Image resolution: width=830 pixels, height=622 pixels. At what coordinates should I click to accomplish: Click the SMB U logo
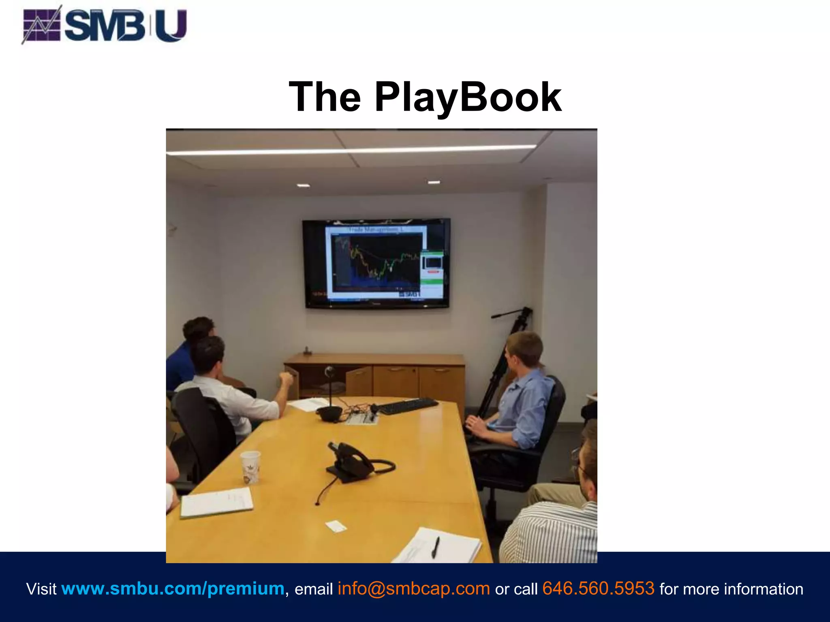(x=105, y=25)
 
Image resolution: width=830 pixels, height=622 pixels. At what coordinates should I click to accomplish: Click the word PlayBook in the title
(x=468, y=97)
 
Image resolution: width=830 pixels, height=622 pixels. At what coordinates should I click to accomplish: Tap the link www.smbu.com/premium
(x=173, y=588)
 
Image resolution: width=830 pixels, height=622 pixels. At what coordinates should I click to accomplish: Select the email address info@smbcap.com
(x=414, y=588)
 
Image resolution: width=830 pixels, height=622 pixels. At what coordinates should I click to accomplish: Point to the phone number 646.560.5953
(x=598, y=588)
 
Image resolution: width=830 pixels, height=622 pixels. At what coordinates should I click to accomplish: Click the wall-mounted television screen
(x=376, y=263)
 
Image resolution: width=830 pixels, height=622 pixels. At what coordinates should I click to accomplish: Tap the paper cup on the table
(x=250, y=467)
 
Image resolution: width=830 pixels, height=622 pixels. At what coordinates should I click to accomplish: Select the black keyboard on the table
(x=408, y=406)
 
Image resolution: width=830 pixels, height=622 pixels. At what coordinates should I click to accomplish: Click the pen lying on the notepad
(x=435, y=547)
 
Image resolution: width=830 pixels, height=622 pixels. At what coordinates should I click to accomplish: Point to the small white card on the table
(x=336, y=526)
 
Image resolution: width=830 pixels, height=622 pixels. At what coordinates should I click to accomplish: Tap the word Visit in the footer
(x=41, y=589)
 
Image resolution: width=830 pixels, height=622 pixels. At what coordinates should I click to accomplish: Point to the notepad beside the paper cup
(x=216, y=502)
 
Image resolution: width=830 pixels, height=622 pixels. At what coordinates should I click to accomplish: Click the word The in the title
(x=325, y=97)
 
